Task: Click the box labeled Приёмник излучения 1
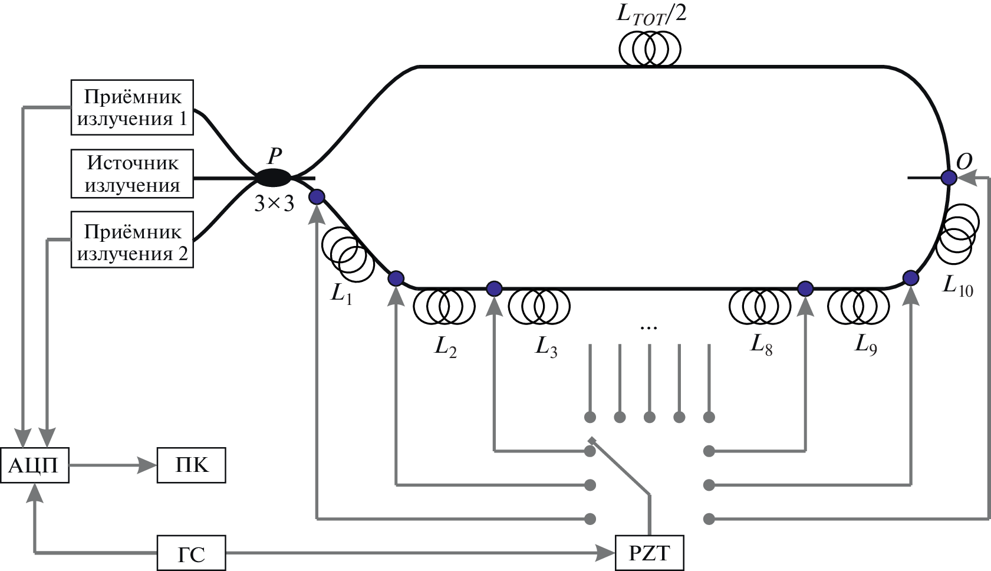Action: point(132,107)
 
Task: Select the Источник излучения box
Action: point(132,175)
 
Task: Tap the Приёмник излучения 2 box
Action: point(132,242)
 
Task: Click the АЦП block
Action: point(34,465)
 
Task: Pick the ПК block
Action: point(192,465)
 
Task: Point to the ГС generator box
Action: point(192,553)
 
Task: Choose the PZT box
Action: point(649,553)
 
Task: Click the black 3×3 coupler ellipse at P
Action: point(272,176)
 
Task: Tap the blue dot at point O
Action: point(949,177)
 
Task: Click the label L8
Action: point(761,345)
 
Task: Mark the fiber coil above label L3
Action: point(539,306)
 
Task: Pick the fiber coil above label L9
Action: point(858,306)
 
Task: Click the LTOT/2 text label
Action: point(651,13)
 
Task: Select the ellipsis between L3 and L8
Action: point(648,327)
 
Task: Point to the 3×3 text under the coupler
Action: point(274,204)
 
